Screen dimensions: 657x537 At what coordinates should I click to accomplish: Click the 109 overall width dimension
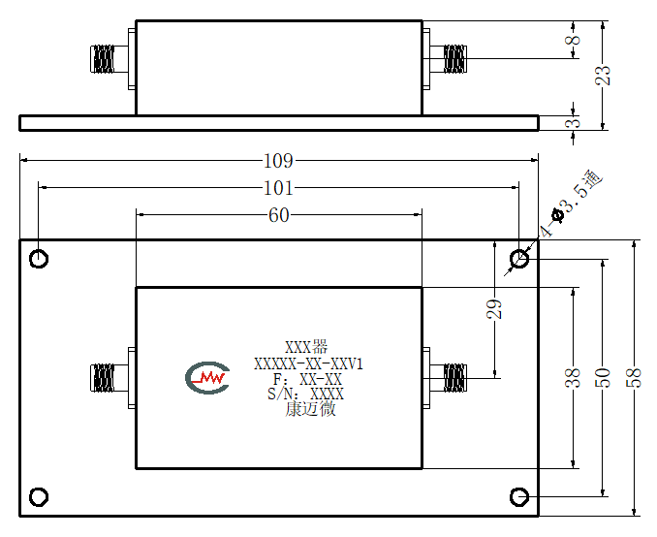coord(278,161)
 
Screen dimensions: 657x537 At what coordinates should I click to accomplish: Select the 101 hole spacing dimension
coord(278,188)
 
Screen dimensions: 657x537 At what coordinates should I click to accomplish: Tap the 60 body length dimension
coord(279,215)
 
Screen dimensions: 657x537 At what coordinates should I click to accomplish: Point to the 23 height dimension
coord(603,76)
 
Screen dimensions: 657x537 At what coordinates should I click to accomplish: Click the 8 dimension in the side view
coord(575,40)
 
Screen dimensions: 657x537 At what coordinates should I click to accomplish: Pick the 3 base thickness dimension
coord(575,123)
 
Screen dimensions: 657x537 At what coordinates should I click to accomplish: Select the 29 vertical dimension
coord(494,309)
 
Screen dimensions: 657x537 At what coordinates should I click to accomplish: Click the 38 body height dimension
coord(574,378)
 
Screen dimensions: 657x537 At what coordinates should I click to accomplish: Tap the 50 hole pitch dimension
coord(603,378)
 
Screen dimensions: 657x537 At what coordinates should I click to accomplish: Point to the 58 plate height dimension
coord(635,378)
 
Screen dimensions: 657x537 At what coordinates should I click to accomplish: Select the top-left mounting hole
coord(39,259)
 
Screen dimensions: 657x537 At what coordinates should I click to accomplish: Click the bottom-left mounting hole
coord(39,496)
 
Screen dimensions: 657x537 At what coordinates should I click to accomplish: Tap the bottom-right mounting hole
coord(519,496)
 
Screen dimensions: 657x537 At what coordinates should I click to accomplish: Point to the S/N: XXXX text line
coord(306,395)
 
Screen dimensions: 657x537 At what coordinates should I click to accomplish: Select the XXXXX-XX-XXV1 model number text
coord(308,363)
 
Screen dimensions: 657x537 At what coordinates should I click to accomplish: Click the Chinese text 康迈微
coord(310,409)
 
